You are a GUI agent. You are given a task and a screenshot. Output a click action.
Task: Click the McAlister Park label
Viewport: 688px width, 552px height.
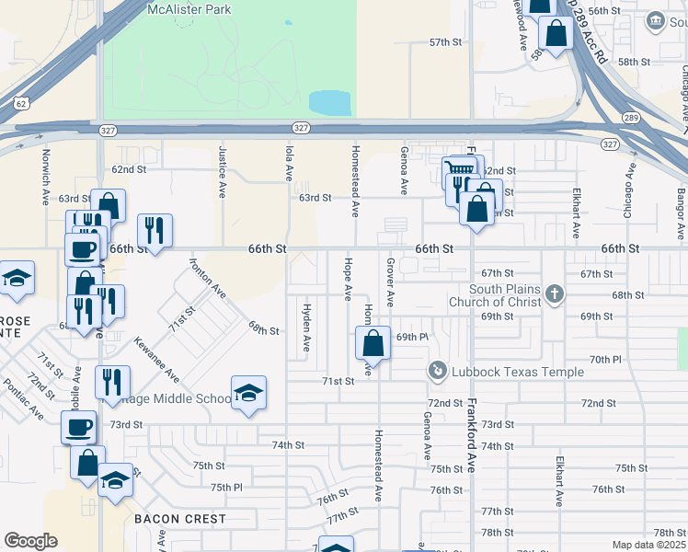coord(189,9)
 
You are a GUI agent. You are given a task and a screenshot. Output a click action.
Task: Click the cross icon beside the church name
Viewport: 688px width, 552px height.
coord(554,294)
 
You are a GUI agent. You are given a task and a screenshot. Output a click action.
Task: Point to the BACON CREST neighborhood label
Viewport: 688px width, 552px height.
coord(179,519)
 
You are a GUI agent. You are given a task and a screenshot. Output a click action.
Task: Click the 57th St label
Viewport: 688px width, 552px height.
coord(444,42)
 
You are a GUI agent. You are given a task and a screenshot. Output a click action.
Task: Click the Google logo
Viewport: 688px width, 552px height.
coord(29,540)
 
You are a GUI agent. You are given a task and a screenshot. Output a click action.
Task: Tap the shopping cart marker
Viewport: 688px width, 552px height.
coord(459,170)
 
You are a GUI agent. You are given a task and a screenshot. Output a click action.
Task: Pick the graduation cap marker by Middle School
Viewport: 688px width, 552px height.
coord(248,394)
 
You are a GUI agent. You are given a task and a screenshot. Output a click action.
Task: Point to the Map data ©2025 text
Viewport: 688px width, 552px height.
coord(648,545)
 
